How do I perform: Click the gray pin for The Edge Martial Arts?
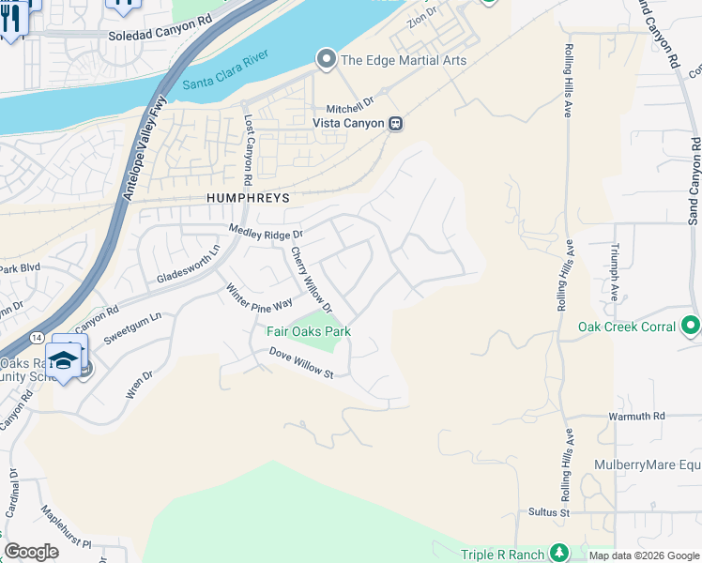[x=327, y=60]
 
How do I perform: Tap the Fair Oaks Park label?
[x=309, y=331]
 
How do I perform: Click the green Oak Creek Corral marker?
[x=691, y=327]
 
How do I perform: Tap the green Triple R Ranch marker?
[x=559, y=553]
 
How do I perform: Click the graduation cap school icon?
[x=63, y=360]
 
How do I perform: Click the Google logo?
[x=31, y=552]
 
